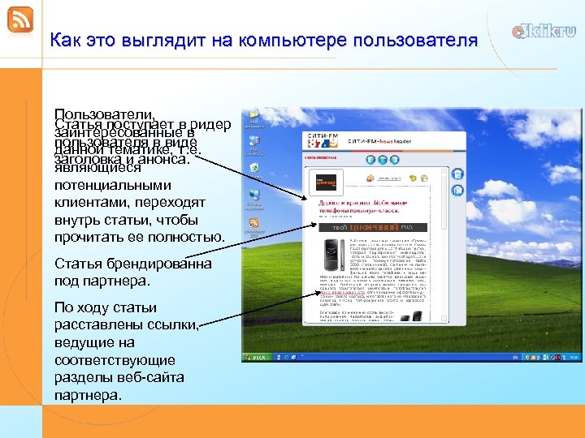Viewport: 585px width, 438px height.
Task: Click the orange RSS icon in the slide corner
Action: [x=19, y=19]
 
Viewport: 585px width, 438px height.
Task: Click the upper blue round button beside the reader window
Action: [x=457, y=174]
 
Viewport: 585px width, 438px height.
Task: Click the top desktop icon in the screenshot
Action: [x=255, y=117]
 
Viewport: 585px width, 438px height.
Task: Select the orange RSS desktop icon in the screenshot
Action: [x=255, y=223]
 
